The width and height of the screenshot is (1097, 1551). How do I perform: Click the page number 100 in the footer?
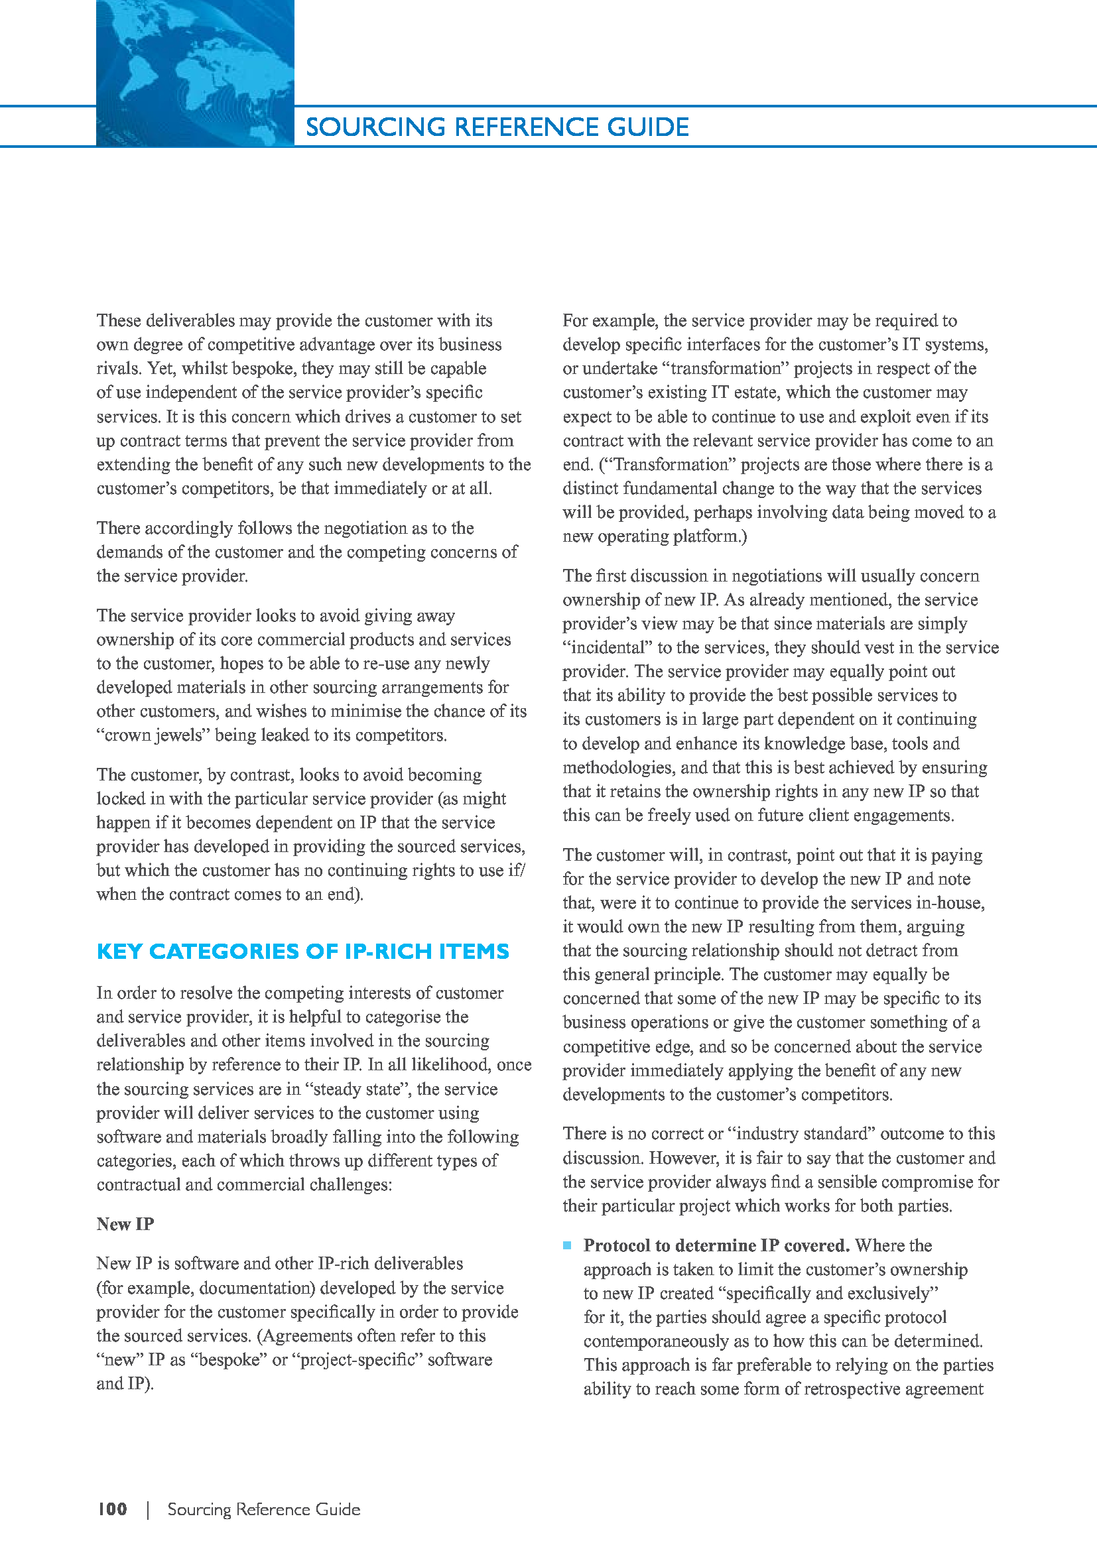(112, 1509)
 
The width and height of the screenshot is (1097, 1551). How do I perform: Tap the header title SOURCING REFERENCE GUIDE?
(497, 127)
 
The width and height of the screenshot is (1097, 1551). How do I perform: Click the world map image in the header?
(194, 73)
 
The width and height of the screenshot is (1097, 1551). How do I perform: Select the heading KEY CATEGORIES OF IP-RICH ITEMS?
(302, 951)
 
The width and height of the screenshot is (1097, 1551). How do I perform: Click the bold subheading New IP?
(125, 1224)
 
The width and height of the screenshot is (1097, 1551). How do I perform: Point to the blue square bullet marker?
(568, 1245)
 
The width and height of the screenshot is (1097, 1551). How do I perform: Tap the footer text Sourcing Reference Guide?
(263, 1509)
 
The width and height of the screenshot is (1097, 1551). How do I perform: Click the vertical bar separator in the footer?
(147, 1509)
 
